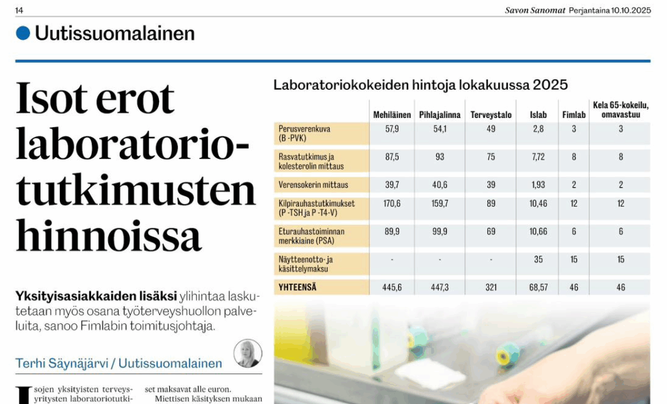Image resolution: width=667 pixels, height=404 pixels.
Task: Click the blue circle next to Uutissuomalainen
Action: pos(23,33)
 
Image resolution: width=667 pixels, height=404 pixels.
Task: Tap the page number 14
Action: pos(20,10)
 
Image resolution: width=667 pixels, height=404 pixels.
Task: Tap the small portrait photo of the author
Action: pos(248,353)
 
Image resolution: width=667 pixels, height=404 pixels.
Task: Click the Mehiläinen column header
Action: pos(391,115)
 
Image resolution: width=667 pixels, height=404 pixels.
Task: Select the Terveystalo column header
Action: pos(491,115)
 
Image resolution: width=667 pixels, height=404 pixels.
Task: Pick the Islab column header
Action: pos(538,115)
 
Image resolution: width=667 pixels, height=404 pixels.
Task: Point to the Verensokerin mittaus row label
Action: pos(313,185)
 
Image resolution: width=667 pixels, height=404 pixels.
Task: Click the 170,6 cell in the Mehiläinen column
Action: pos(392,204)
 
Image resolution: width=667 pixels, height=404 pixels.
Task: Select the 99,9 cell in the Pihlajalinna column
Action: pos(440,231)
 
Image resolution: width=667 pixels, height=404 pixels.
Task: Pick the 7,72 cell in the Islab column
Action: pos(538,157)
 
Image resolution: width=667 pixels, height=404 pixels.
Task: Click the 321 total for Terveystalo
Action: pos(491,287)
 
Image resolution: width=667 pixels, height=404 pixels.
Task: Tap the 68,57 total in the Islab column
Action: pos(538,287)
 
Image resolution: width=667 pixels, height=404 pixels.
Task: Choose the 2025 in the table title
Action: pos(550,85)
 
